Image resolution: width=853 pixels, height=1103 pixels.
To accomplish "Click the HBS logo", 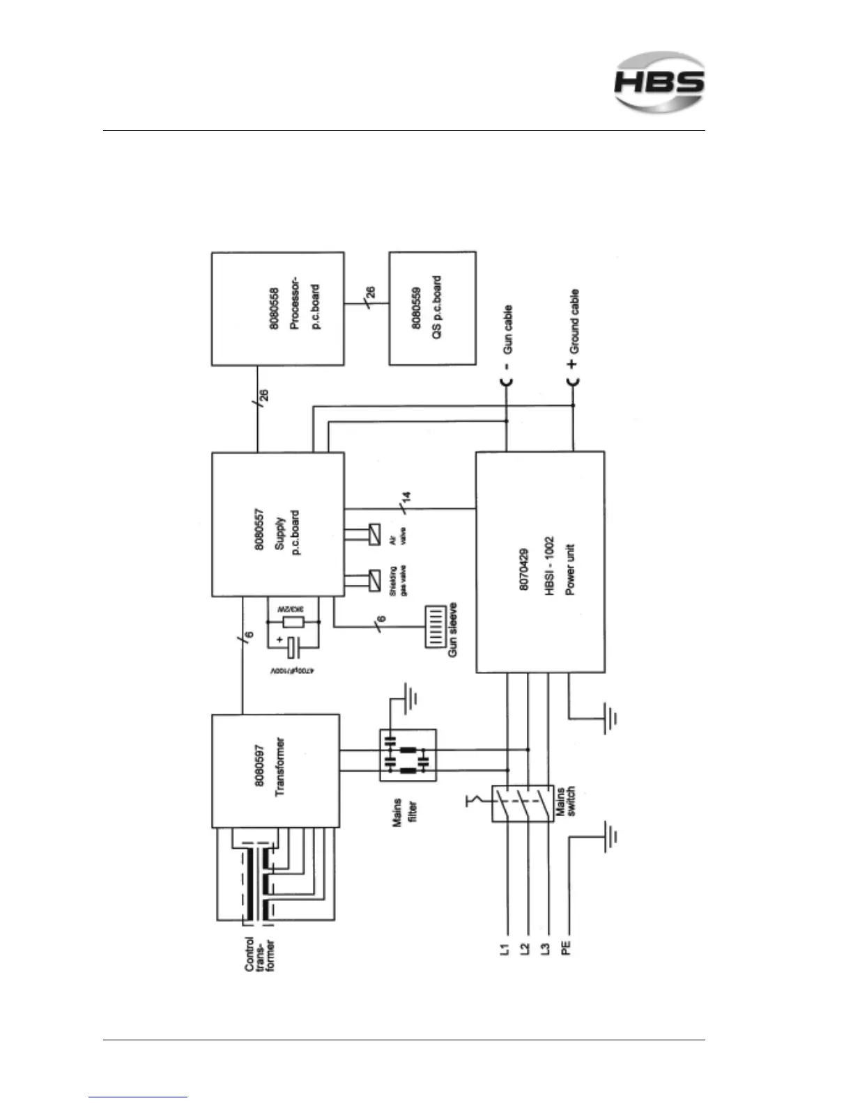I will pyautogui.click(x=659, y=82).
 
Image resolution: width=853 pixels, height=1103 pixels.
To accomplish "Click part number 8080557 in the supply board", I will pyautogui.click(x=259, y=524).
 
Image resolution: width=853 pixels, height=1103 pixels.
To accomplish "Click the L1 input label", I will pyautogui.click(x=506, y=948).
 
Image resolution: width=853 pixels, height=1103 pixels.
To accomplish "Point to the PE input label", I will pyautogui.click(x=567, y=948).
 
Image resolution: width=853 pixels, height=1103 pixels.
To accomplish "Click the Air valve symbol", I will pyautogui.click(x=375, y=538).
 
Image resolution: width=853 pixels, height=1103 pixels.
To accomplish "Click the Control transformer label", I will pyautogui.click(x=259, y=958).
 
